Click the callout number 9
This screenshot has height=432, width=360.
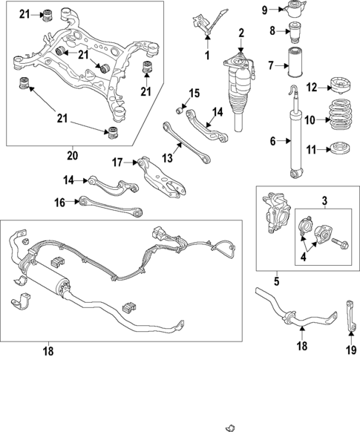point(265,10)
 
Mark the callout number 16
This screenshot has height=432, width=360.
point(59,201)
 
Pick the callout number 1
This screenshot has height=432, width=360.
point(207,56)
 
